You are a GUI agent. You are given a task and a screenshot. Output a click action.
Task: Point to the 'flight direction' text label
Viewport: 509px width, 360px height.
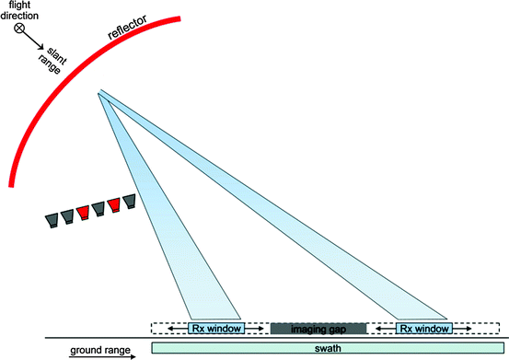pos(19,11)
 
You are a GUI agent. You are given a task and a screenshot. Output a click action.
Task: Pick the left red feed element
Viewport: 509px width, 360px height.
pos(82,212)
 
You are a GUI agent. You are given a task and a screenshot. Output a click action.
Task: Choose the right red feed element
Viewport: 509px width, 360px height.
pos(114,204)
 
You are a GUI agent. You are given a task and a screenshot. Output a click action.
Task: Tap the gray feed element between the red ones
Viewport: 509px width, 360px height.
pos(98,208)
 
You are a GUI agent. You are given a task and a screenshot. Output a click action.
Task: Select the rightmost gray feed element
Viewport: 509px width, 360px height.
pos(131,201)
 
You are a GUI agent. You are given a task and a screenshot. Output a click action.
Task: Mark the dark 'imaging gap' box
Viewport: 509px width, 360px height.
pos(318,328)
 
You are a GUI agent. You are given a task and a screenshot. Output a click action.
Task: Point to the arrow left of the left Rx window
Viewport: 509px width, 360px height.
pos(170,328)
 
